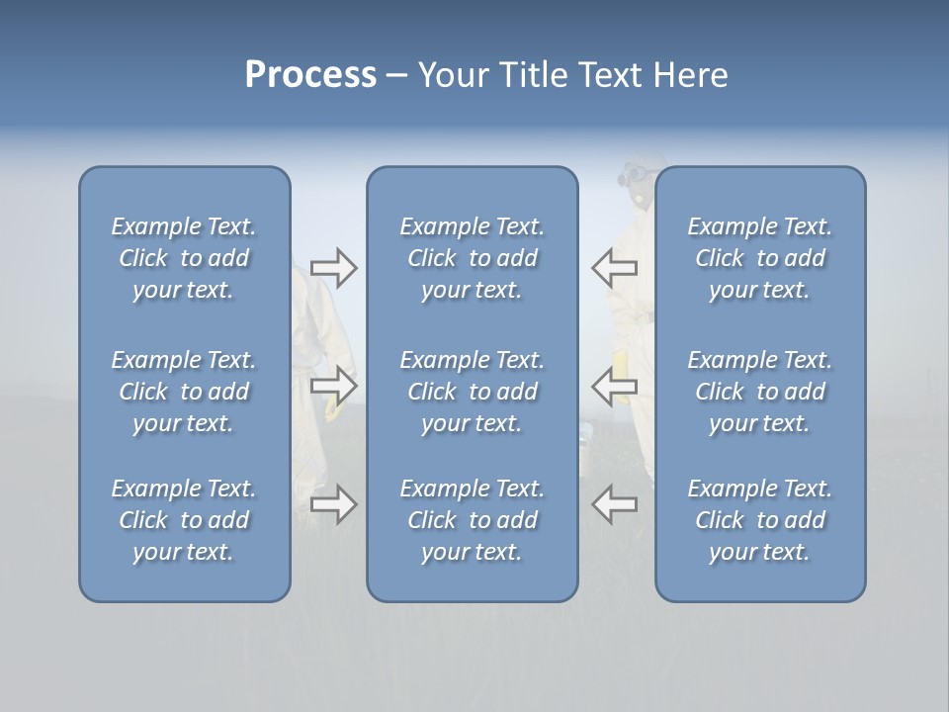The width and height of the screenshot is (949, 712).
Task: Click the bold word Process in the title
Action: tap(310, 75)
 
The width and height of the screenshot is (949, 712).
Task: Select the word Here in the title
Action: tap(690, 75)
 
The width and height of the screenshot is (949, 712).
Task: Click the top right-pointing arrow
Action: tap(333, 268)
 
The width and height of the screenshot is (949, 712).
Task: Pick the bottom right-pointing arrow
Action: tap(333, 504)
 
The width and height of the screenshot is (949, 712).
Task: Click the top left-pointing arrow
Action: tap(615, 267)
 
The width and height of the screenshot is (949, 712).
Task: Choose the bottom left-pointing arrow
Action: tap(615, 504)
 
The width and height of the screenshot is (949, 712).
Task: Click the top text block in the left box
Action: tap(184, 258)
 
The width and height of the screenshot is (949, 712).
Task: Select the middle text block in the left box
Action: tap(184, 392)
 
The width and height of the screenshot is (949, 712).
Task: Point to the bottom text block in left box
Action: tap(184, 520)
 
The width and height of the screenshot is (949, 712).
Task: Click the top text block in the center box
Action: tap(472, 258)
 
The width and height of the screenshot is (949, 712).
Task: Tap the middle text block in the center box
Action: tap(472, 392)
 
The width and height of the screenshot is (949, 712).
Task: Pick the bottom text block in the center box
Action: tap(472, 520)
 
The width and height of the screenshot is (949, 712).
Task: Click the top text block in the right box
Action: tap(759, 258)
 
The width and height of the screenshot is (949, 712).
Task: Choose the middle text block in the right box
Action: tap(759, 392)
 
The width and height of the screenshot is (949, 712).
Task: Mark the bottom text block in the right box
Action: tap(759, 520)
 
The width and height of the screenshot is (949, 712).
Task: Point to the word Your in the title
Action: tap(453, 75)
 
